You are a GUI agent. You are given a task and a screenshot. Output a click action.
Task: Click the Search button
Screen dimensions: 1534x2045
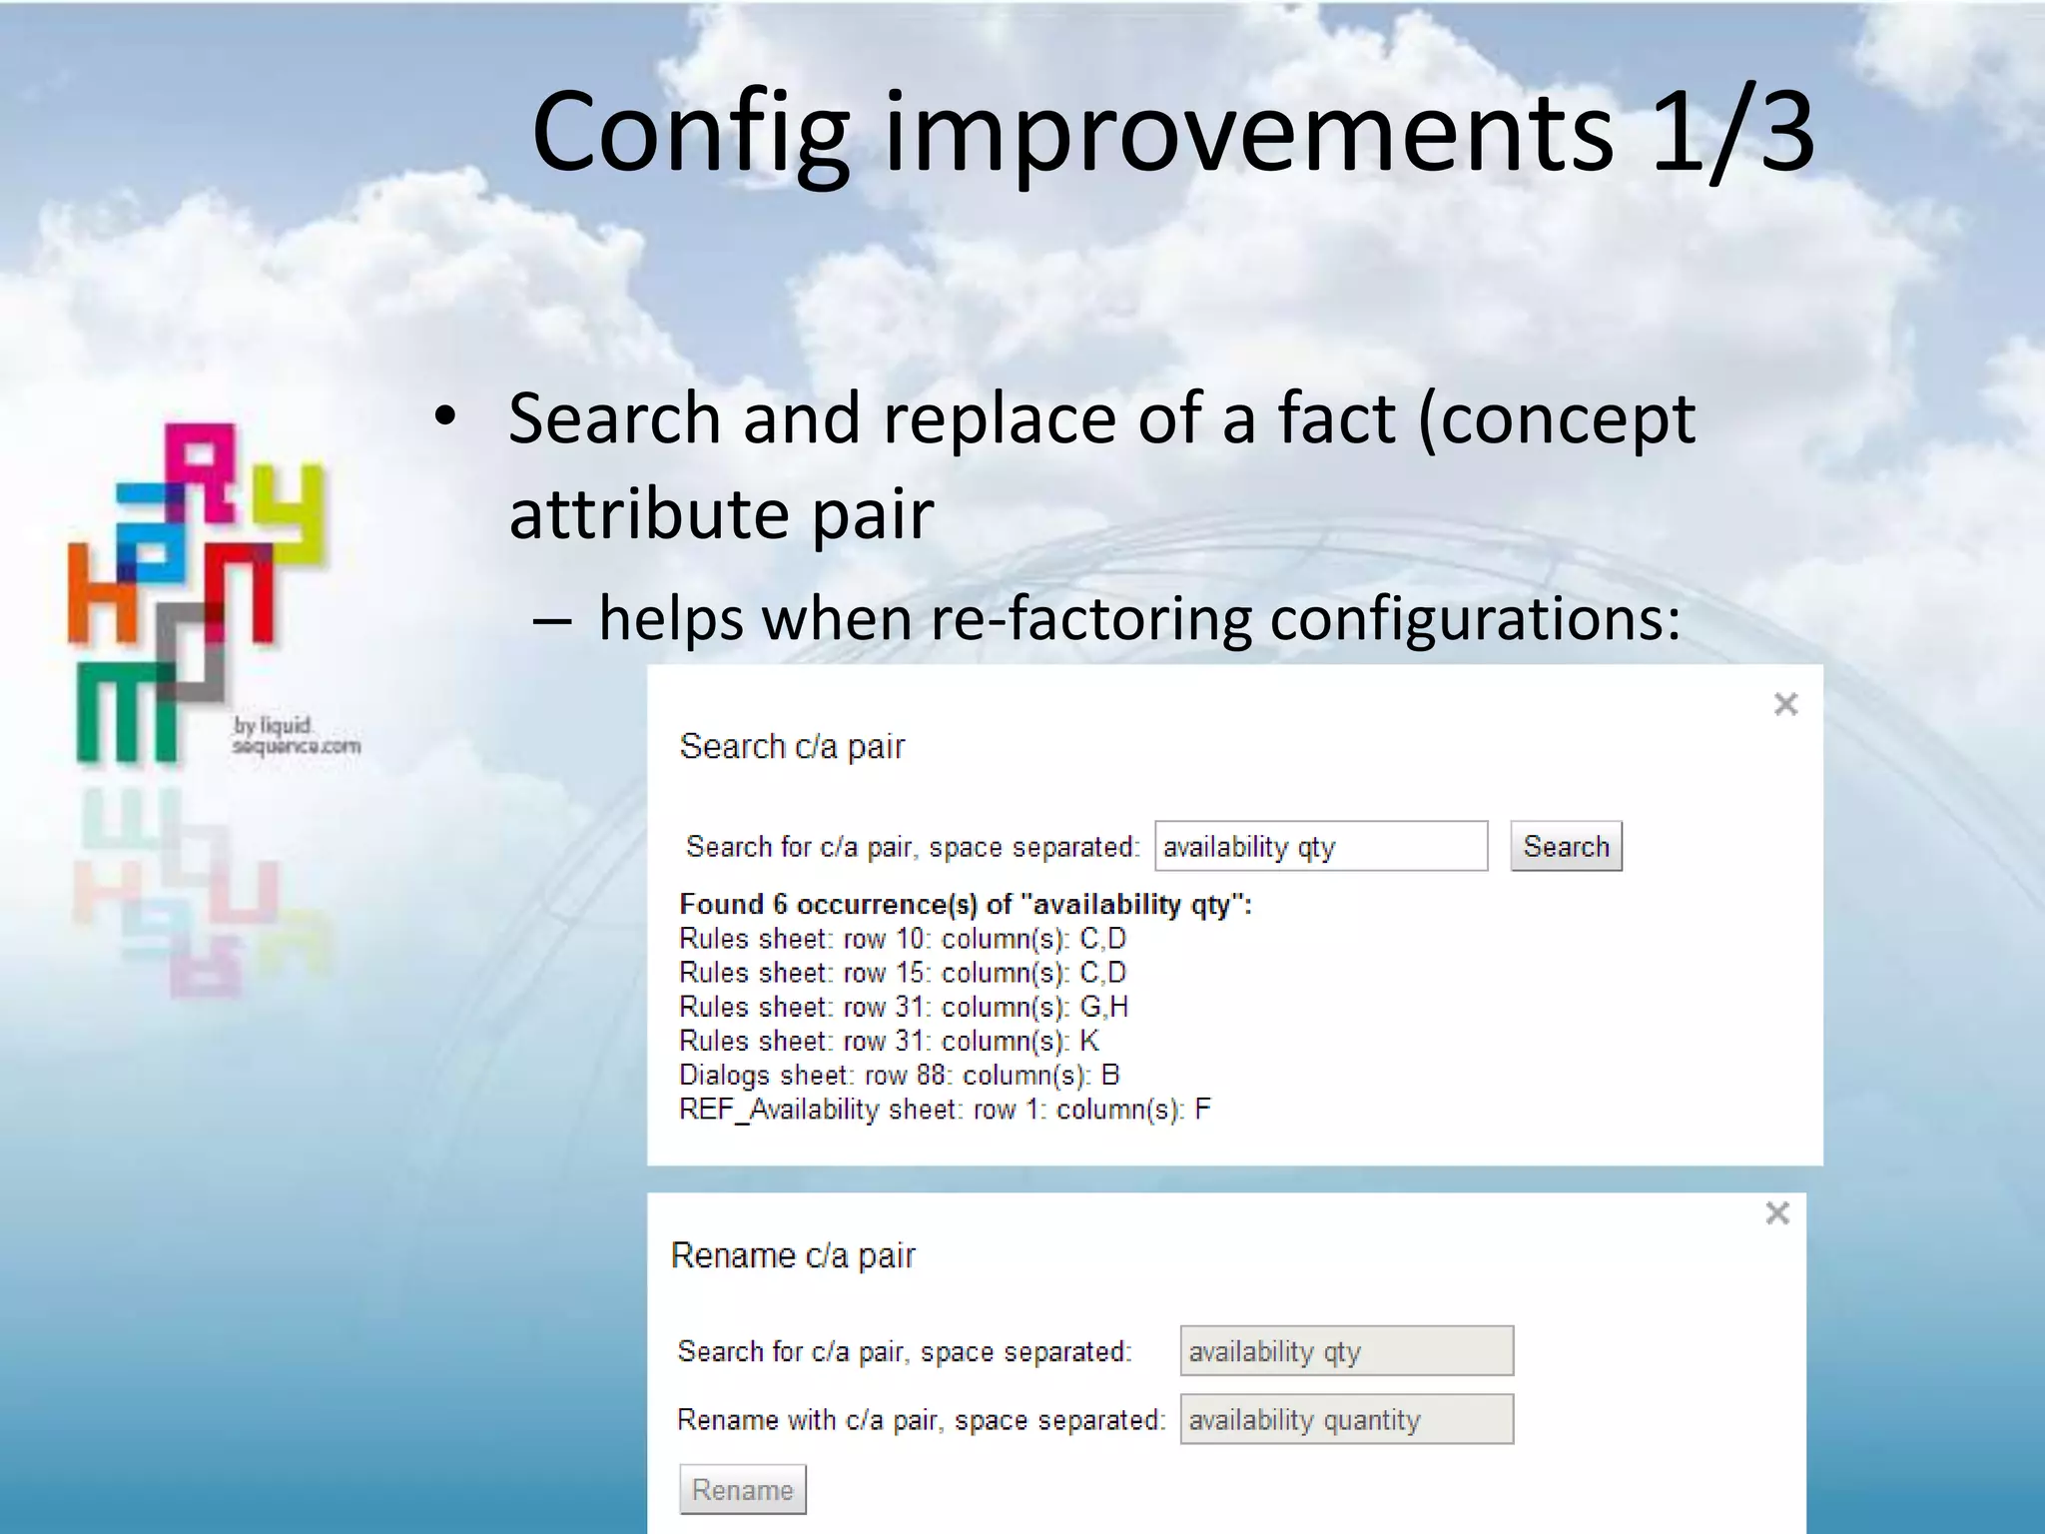[1565, 847]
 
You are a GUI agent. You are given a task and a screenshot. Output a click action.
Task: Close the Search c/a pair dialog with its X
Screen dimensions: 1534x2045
[1785, 704]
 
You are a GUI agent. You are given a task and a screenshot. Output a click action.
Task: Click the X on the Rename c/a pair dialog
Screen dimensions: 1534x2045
[1776, 1213]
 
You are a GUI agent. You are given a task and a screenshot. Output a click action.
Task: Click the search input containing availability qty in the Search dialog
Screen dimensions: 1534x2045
[1320, 847]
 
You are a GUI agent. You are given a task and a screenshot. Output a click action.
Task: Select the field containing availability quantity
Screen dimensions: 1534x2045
[1346, 1419]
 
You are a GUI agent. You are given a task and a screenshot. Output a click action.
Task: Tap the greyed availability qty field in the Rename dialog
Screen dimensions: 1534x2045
[1346, 1351]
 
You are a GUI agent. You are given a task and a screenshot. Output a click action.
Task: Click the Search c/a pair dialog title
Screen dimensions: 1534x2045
[792, 746]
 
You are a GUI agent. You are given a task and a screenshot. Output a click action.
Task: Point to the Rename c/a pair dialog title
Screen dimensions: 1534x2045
[793, 1255]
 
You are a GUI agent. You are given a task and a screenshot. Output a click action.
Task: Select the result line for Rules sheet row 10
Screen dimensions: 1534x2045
[902, 939]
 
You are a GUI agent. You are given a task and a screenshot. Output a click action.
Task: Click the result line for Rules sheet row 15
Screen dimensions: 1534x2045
[902, 973]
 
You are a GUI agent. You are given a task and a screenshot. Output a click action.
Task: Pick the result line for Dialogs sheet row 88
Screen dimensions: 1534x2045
[899, 1076]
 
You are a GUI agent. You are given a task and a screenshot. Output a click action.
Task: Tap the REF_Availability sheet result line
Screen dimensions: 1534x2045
[944, 1110]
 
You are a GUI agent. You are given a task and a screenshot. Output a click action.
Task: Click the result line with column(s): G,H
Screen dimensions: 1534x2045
[903, 1007]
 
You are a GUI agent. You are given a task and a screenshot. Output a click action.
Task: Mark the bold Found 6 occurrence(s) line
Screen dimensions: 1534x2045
[965, 905]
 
